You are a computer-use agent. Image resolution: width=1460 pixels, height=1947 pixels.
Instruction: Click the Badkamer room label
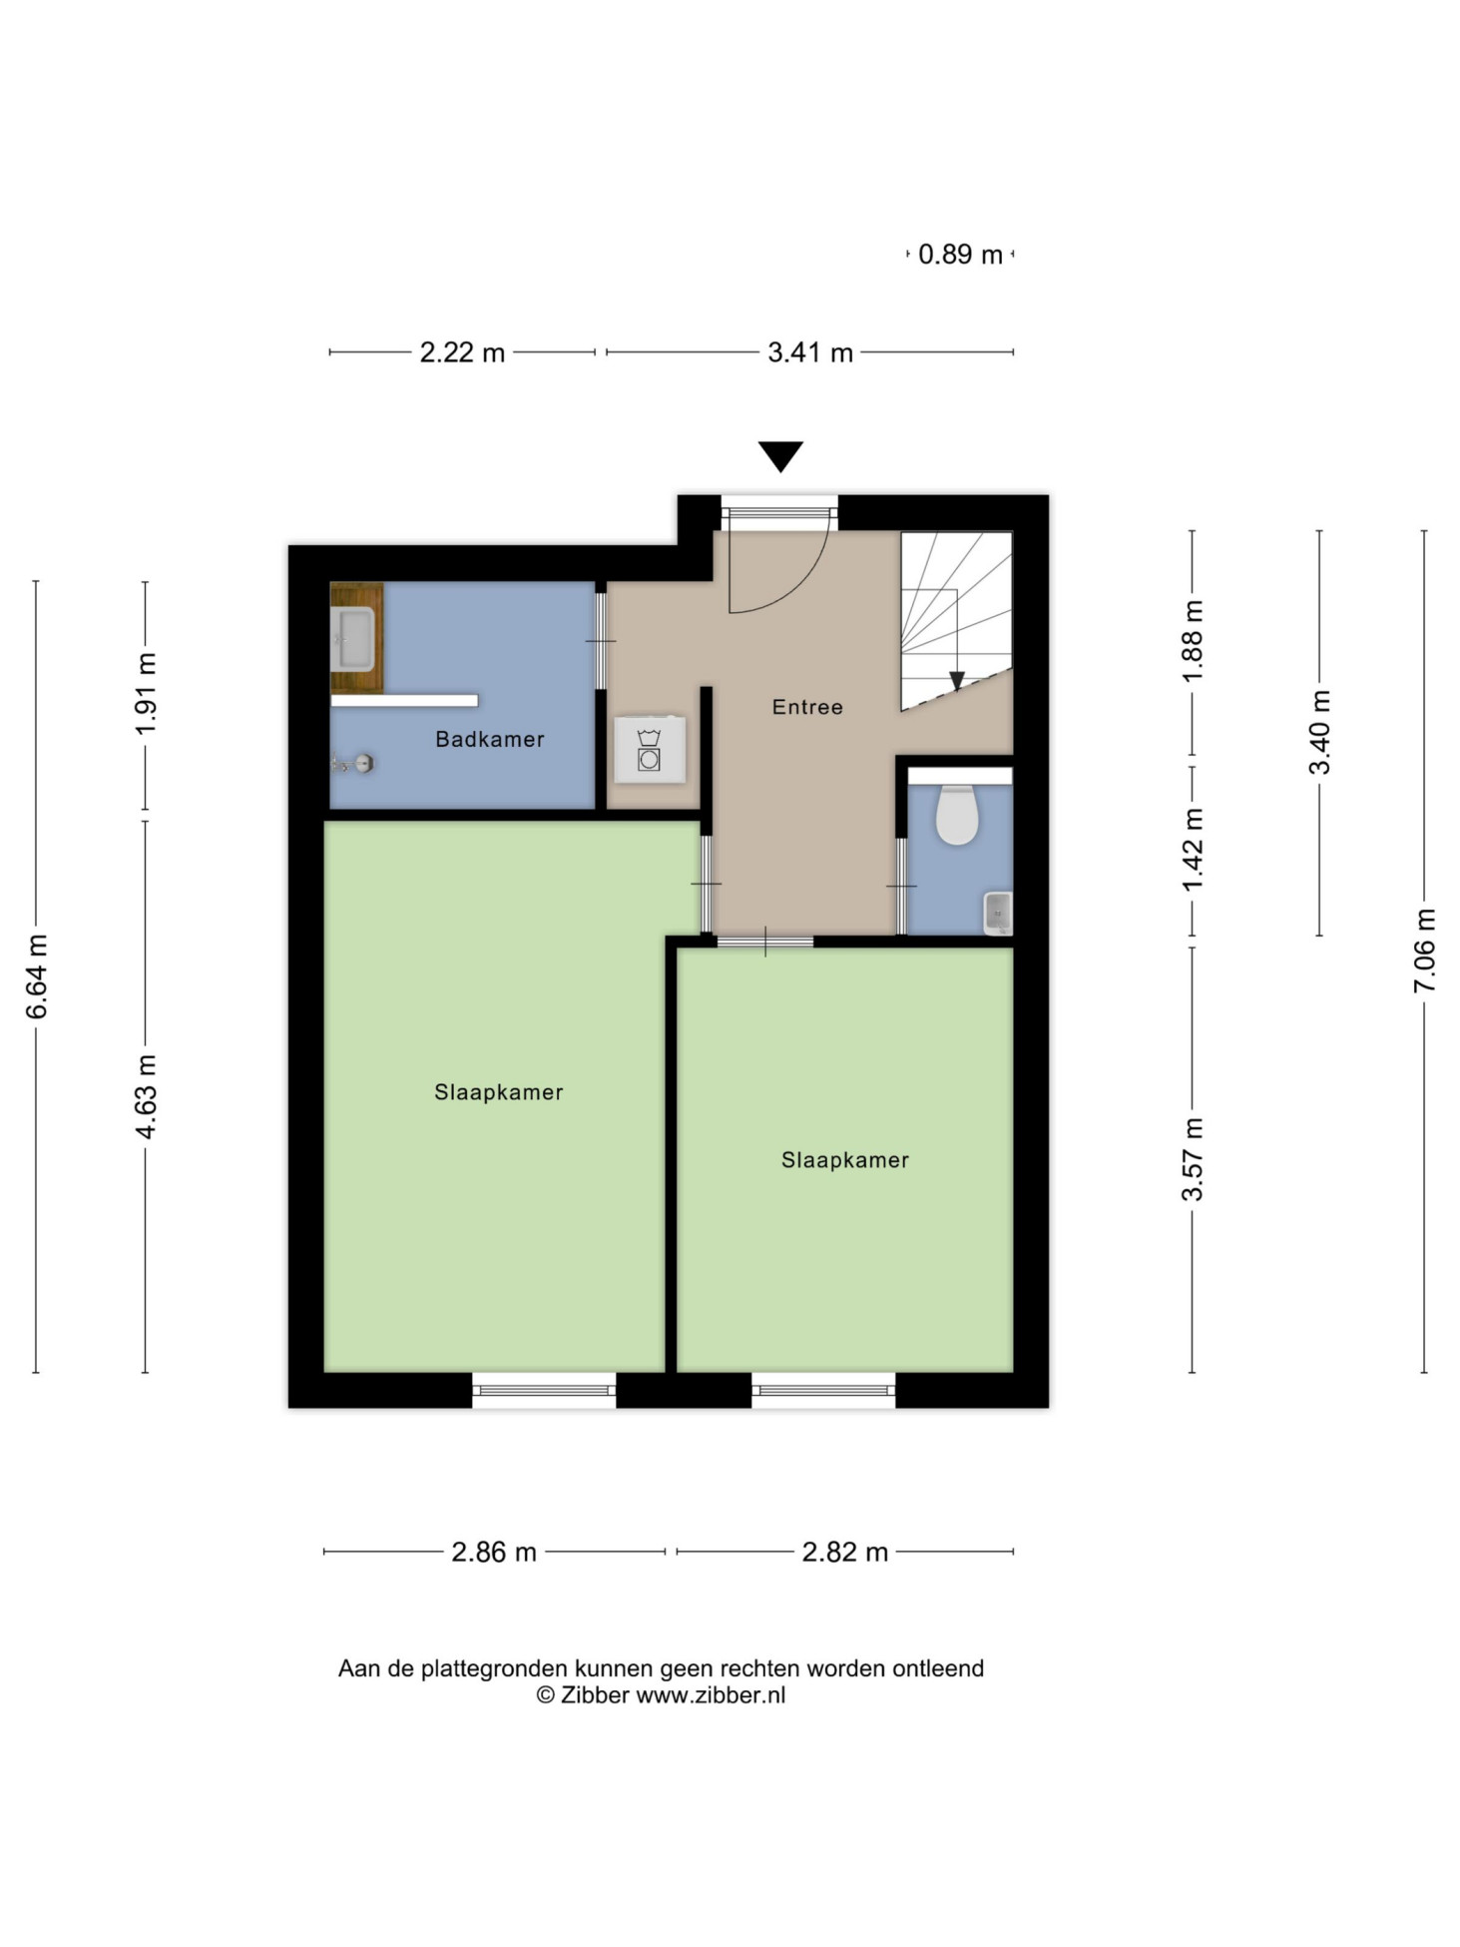pyautogui.click(x=489, y=739)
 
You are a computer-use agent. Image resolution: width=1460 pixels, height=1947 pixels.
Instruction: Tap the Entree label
pyautogui.click(x=807, y=707)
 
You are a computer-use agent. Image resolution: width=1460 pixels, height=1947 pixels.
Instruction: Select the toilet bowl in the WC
pyautogui.click(x=956, y=815)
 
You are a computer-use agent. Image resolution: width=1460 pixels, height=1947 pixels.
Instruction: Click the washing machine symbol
pyautogui.click(x=650, y=749)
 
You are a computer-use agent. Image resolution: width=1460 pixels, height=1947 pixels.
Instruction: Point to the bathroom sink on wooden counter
pyautogui.click(x=352, y=639)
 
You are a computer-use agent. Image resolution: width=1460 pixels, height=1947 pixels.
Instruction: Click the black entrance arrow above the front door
pyautogui.click(x=780, y=456)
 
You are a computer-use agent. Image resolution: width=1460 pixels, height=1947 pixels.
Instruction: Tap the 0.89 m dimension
pyautogui.click(x=960, y=255)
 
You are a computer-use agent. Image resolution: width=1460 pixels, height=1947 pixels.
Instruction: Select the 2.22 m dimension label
pyautogui.click(x=462, y=352)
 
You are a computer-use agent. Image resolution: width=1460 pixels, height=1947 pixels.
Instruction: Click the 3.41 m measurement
pyautogui.click(x=810, y=352)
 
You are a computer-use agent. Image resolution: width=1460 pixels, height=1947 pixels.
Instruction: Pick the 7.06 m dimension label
pyautogui.click(x=1424, y=951)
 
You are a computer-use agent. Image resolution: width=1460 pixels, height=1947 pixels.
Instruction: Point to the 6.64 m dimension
pyautogui.click(x=36, y=976)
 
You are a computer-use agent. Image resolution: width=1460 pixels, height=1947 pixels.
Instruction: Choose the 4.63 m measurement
pyautogui.click(x=146, y=1096)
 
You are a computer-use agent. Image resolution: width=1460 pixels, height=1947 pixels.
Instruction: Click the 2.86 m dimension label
pyautogui.click(x=494, y=1553)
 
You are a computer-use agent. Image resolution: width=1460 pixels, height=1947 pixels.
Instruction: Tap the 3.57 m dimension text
pyautogui.click(x=1193, y=1159)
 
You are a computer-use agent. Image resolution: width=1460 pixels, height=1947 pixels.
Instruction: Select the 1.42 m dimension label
pyautogui.click(x=1193, y=851)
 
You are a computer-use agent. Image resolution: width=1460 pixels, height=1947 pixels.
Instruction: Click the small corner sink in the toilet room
pyautogui.click(x=998, y=913)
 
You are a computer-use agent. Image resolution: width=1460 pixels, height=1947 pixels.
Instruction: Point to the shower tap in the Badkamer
pyautogui.click(x=353, y=765)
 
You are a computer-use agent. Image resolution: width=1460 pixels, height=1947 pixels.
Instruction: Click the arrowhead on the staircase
pyautogui.click(x=956, y=681)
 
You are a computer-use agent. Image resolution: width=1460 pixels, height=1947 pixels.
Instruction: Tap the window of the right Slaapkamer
pyautogui.click(x=823, y=1390)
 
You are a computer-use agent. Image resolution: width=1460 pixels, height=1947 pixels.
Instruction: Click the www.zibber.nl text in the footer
pyautogui.click(x=711, y=1695)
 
